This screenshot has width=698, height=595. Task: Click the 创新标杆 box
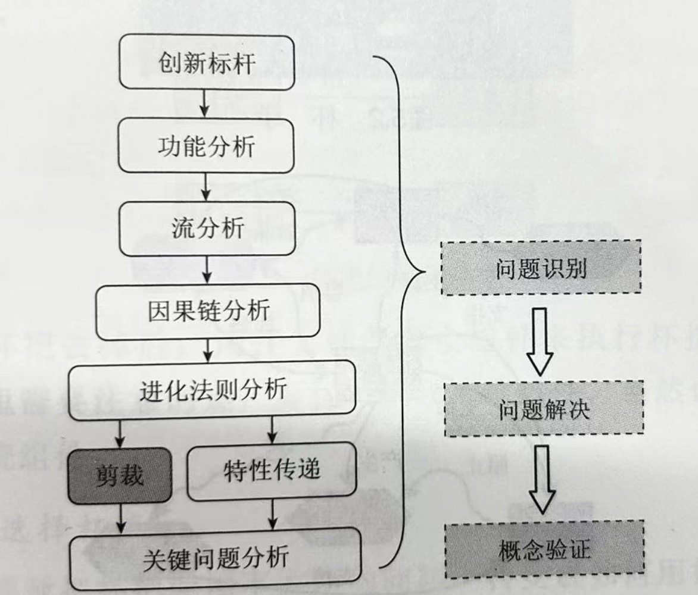(x=207, y=62)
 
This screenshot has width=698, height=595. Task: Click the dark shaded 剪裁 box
(x=120, y=475)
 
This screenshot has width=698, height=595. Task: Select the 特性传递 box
(x=272, y=471)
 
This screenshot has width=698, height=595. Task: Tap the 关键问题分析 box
(x=216, y=558)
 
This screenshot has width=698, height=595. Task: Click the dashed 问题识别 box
(x=541, y=268)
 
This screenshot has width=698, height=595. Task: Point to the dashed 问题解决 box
(x=544, y=409)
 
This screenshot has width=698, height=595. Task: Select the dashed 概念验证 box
(x=544, y=550)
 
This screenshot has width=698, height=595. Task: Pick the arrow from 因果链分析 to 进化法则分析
(x=208, y=351)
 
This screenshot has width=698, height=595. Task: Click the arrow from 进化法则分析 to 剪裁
(x=121, y=432)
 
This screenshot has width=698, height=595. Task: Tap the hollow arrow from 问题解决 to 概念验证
(x=542, y=479)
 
